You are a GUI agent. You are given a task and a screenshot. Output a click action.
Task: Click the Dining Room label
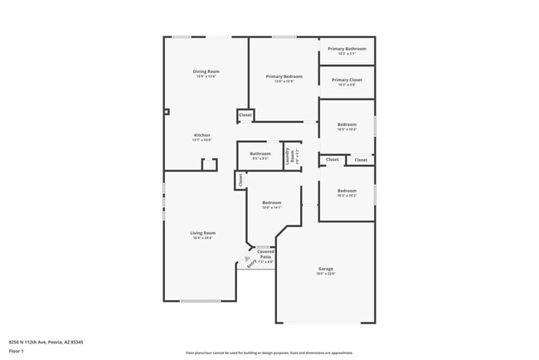click(206, 72)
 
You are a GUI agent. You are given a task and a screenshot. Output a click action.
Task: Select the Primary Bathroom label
click(347, 49)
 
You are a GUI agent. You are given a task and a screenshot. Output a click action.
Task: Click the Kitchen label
click(202, 135)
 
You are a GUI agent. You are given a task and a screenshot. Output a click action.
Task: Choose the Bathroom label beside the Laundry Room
click(260, 153)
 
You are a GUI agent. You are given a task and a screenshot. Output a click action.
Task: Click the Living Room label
click(203, 233)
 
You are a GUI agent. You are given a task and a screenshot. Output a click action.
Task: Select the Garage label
click(326, 269)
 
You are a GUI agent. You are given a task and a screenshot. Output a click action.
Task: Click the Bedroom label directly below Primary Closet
click(347, 124)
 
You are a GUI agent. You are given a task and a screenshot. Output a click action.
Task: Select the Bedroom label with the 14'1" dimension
click(272, 202)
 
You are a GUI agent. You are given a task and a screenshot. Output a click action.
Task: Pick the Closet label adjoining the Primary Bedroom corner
click(245, 115)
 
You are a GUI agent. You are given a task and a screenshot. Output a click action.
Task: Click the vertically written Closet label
click(240, 179)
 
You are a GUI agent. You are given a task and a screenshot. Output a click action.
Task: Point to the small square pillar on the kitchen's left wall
click(166, 111)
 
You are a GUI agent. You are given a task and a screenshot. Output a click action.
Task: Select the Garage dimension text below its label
click(326, 275)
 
